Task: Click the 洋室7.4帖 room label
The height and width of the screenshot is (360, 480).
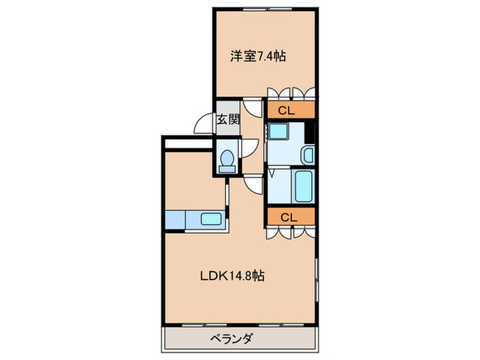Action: (257, 57)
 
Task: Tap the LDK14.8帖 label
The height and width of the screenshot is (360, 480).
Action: (232, 276)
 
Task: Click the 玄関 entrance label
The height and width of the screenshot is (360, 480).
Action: (228, 119)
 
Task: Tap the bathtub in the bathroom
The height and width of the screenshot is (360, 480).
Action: (303, 186)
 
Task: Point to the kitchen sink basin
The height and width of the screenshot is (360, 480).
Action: (211, 221)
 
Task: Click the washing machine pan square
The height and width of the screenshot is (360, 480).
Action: (279, 132)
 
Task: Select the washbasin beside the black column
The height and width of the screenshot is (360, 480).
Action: (308, 155)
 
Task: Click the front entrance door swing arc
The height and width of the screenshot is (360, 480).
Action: (204, 124)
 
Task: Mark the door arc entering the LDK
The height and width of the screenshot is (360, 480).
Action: (252, 183)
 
